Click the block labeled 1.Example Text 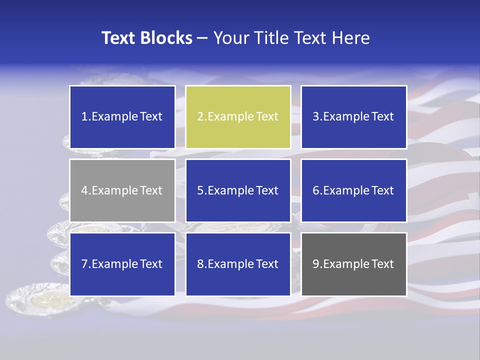pos(122,117)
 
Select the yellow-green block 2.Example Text pos(238,117)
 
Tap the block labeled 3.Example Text pos(353,117)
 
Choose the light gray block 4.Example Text pos(122,190)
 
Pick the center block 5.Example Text pos(238,190)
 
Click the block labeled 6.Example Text pos(353,190)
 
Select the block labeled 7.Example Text pos(122,264)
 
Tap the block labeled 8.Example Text pos(238,264)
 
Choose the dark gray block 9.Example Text pos(353,264)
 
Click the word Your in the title pos(228,38)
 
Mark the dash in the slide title pos(202,38)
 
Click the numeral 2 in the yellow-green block pos(200,117)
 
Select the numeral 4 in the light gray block pos(84,190)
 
